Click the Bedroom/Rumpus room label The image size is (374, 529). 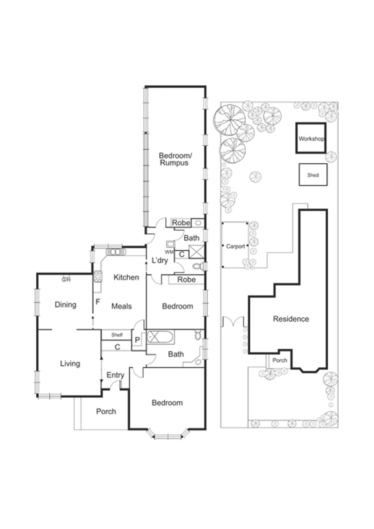point(175,159)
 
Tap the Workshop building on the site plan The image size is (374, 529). point(311,138)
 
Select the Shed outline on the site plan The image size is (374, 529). point(313,175)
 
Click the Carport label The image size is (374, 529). point(235,246)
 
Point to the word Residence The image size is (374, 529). point(291,319)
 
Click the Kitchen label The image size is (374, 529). point(126,277)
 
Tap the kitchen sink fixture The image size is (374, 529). point(116,252)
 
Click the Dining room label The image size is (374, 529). point(65,305)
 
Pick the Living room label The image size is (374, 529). point(70,363)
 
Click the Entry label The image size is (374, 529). point(115,375)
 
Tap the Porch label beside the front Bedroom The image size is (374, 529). point(106,411)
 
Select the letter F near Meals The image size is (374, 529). point(98,302)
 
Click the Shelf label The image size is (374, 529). point(117,335)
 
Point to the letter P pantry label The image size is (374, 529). point(137,340)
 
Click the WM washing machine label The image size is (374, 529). point(169,252)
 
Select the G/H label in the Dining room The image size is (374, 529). point(66,280)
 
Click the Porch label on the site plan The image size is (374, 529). point(279,360)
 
